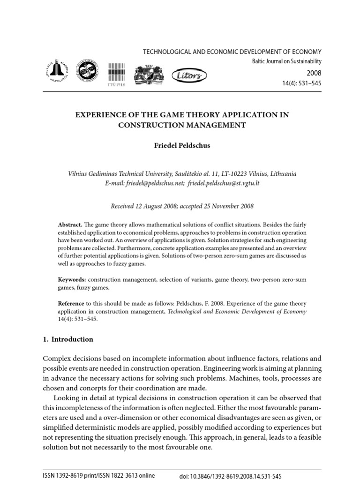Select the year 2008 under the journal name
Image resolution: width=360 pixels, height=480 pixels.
pos(314,73)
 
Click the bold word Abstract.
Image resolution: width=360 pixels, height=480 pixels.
pos(69,225)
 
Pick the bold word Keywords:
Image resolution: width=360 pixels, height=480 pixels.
pos(72,279)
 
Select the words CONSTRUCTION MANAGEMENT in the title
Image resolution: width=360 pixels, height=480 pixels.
pos(182,125)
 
